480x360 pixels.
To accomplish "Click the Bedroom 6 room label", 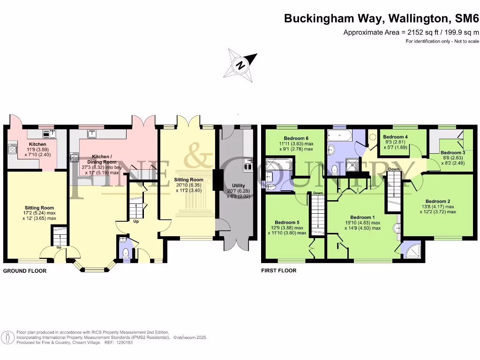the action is (x=296, y=138).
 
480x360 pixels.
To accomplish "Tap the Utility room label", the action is (x=239, y=186).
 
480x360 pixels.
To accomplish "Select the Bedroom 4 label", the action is (x=395, y=137).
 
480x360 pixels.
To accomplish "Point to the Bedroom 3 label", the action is (x=453, y=152).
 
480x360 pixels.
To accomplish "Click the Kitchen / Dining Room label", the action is (x=102, y=159).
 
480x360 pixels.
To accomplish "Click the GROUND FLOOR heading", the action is (x=25, y=271).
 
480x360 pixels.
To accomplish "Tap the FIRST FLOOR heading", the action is (x=279, y=270).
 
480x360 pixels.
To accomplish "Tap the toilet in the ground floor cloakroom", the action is (x=126, y=254).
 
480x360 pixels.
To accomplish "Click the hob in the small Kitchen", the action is (x=13, y=149).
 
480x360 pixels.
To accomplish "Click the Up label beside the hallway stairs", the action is (x=136, y=221).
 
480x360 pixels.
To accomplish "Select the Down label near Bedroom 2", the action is (x=394, y=169).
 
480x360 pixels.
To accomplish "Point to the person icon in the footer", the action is (x=8, y=337).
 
